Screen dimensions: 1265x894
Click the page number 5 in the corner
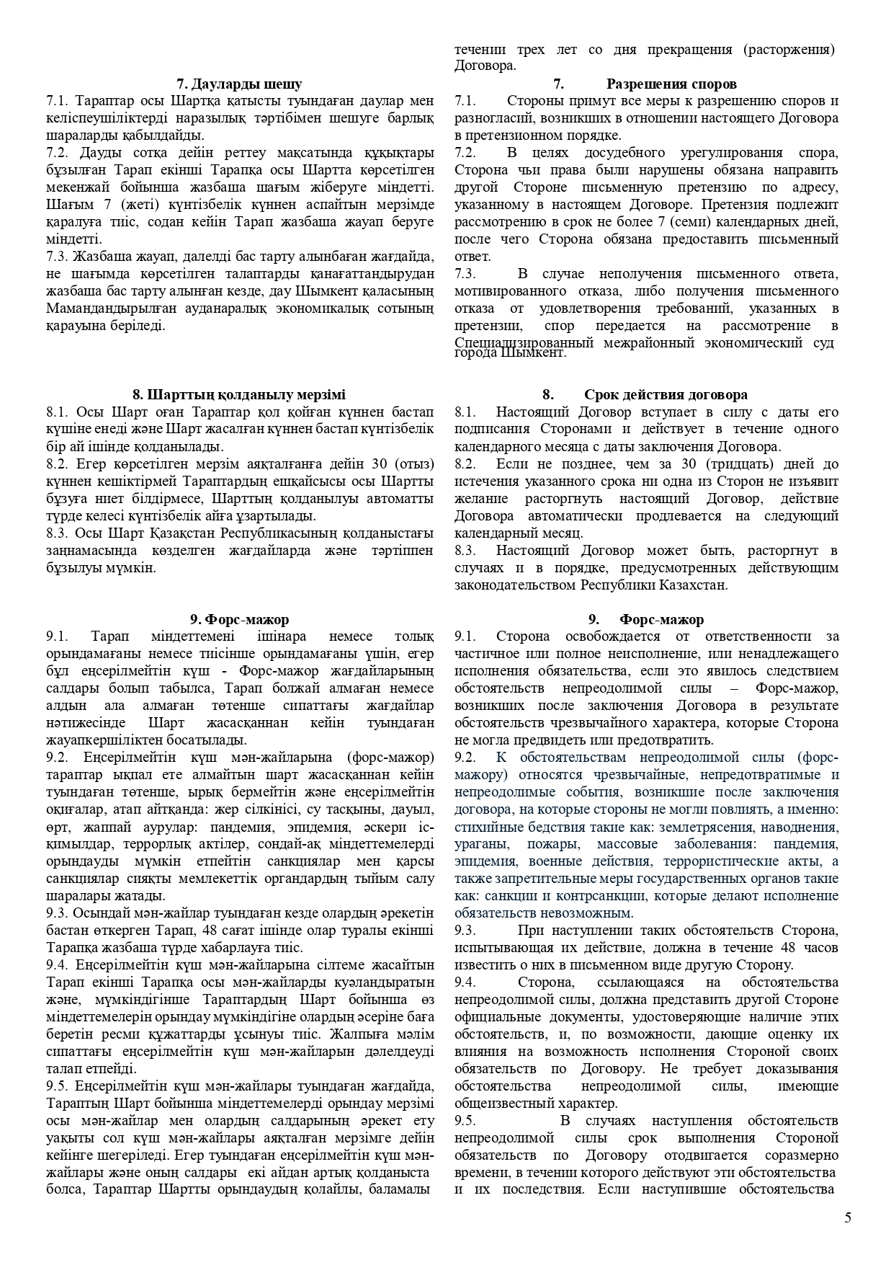848,1217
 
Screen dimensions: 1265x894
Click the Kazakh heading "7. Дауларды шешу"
240,84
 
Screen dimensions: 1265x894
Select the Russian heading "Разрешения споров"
671,84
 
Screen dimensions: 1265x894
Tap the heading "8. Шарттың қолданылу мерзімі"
239,394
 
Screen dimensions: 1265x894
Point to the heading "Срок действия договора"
666,394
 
